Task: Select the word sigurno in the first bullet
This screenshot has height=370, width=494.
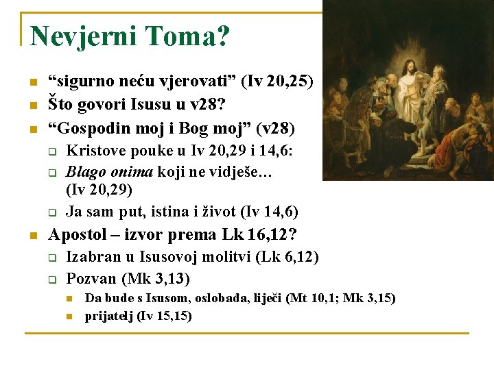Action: point(82,82)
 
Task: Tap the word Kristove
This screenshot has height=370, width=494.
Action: point(96,151)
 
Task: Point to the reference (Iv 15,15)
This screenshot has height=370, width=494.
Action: point(165,316)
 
